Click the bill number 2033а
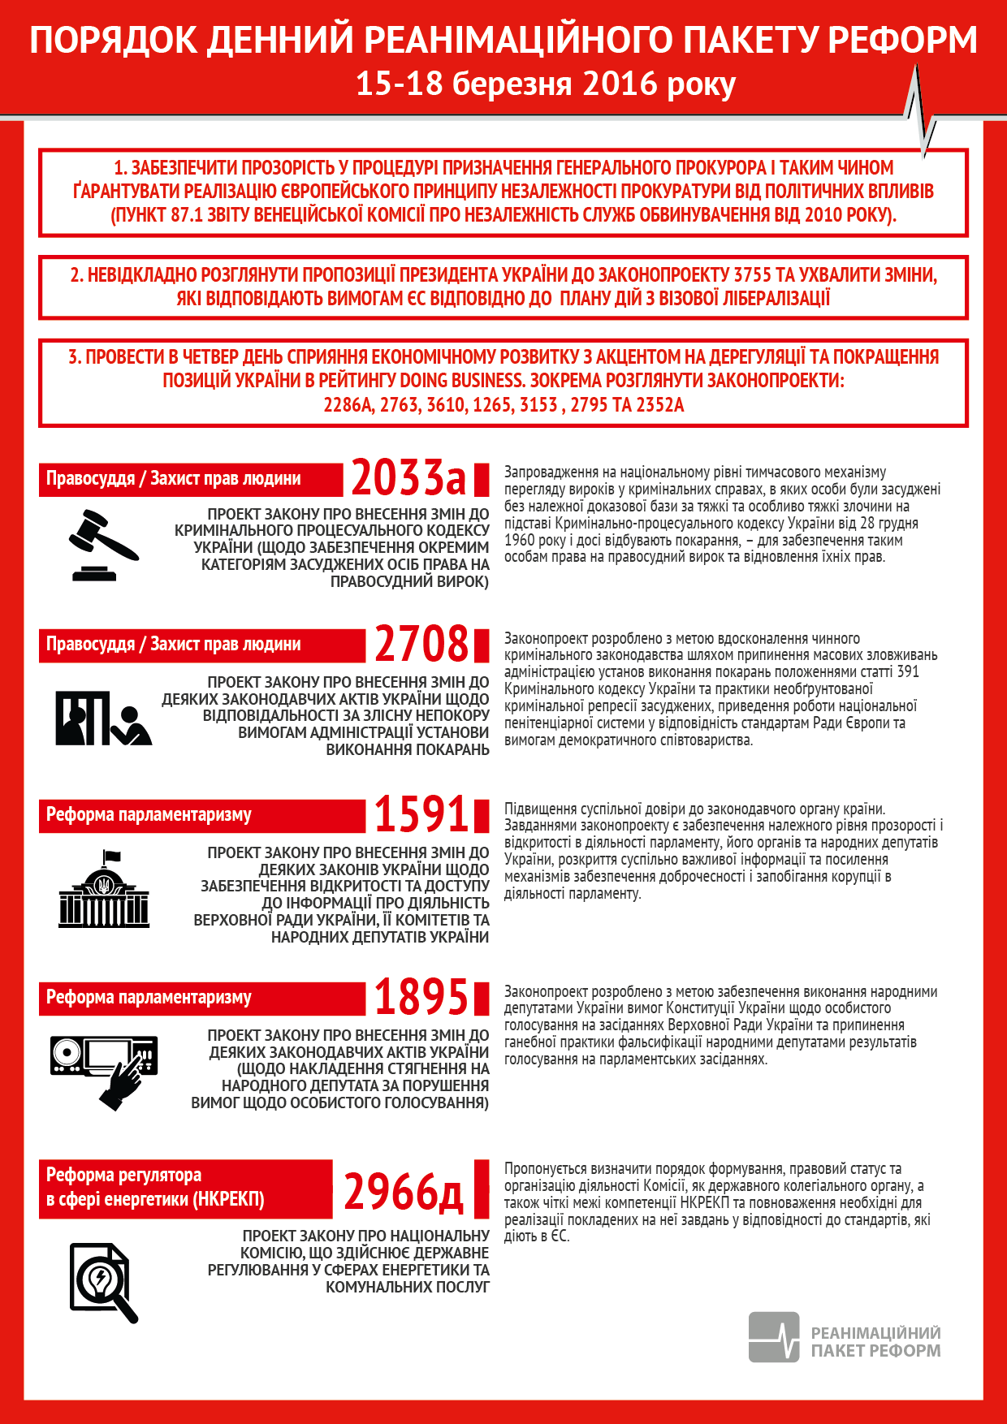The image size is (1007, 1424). click(x=408, y=477)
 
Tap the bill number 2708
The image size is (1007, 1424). click(x=421, y=644)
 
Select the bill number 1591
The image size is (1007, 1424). click(x=421, y=814)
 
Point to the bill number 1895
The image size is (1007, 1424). click(x=421, y=997)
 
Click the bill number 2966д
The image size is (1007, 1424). click(x=404, y=1192)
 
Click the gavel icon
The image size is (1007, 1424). click(x=103, y=545)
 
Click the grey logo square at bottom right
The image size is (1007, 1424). click(x=773, y=1337)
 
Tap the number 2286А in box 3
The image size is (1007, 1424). click(x=348, y=405)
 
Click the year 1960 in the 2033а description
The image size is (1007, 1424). click(x=519, y=541)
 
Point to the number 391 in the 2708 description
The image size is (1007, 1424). click(x=908, y=672)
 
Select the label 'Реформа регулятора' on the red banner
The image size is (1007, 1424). click(x=123, y=1175)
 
